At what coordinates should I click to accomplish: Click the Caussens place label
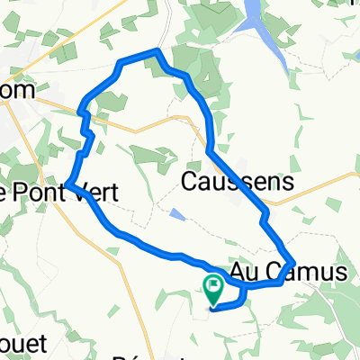238,182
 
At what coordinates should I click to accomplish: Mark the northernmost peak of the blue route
158,50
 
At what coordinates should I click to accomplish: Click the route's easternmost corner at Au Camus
294,264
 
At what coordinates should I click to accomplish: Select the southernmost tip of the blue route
211,310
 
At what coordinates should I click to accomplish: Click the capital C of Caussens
191,182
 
